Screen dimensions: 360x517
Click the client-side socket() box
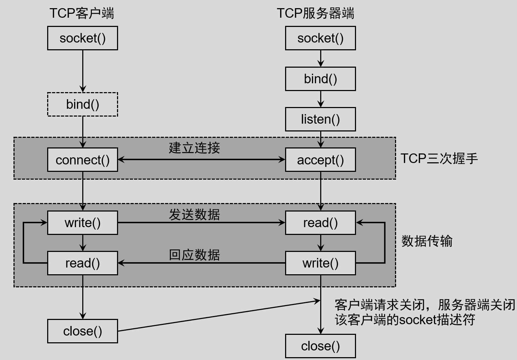pos(83,38)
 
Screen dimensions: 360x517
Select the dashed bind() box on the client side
pos(83,104)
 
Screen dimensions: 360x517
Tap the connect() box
pos(83,160)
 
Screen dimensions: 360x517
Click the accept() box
pos(320,160)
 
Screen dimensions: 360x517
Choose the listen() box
pos(320,119)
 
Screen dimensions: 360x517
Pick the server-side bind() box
pos(320,79)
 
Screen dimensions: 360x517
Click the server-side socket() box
pos(320,38)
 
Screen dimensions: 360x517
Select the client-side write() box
pos(83,223)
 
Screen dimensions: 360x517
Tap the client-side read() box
pos(83,263)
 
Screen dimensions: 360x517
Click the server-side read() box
pos(320,223)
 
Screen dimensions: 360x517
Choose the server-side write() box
pos(320,263)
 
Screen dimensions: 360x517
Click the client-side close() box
pos(83,331)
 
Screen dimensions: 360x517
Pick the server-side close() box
pos(320,346)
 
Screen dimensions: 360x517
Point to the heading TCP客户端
pos(82,13)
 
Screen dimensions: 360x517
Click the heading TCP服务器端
pos(315,13)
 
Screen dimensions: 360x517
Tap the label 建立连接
pos(194,148)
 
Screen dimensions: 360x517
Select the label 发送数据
pos(194,214)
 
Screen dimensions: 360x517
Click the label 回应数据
pos(194,255)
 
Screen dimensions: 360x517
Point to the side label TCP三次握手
pos(439,158)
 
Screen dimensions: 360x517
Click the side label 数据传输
pos(427,241)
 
